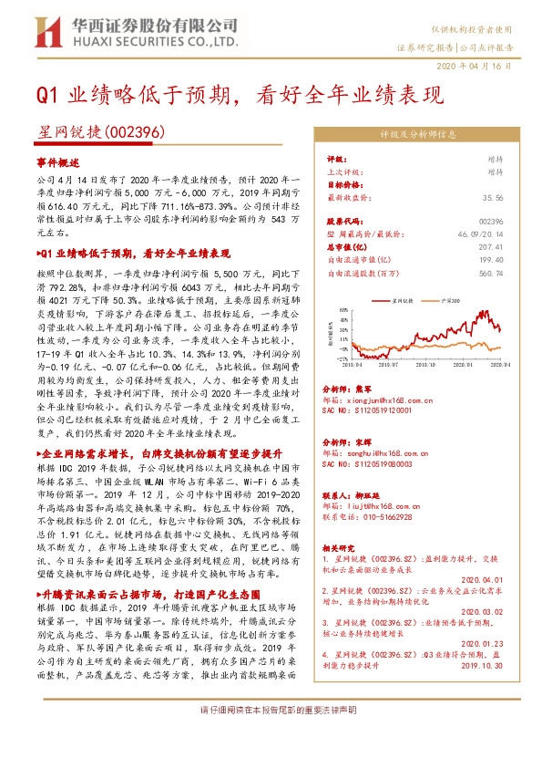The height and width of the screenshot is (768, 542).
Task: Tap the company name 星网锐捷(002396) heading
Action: (100, 133)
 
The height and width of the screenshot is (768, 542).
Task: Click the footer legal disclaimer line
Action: (271, 734)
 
